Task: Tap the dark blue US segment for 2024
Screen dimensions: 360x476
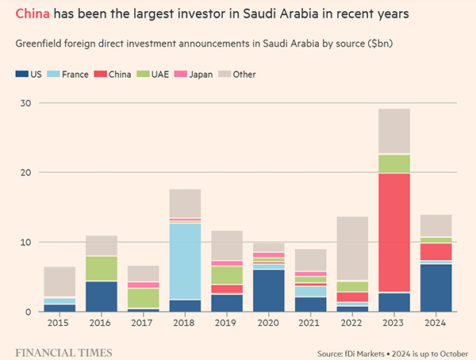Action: coord(436,287)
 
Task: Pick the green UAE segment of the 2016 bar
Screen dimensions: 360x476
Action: coord(102,269)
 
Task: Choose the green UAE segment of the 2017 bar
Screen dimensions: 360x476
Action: coord(143,297)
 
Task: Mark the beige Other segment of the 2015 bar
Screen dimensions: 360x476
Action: coord(60,281)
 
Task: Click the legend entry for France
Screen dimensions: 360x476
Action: coord(71,75)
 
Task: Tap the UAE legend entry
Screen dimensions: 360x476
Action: coord(156,75)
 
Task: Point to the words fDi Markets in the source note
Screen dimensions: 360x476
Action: coord(373,351)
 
